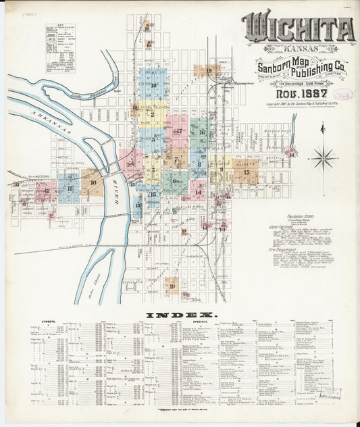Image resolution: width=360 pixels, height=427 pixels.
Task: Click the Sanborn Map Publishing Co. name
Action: [x=301, y=68]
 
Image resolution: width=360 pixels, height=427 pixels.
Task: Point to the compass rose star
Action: [x=323, y=159]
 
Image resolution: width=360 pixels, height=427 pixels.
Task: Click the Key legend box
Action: [x=60, y=48]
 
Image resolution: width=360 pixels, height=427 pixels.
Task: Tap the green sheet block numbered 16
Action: [x=201, y=132]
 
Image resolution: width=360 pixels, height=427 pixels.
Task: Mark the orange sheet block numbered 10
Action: [x=93, y=182]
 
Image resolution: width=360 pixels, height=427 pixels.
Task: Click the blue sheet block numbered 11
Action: [x=69, y=188]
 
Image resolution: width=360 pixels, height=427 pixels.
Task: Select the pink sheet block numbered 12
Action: [x=46, y=191]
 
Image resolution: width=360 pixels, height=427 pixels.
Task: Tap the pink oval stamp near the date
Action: [x=343, y=95]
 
